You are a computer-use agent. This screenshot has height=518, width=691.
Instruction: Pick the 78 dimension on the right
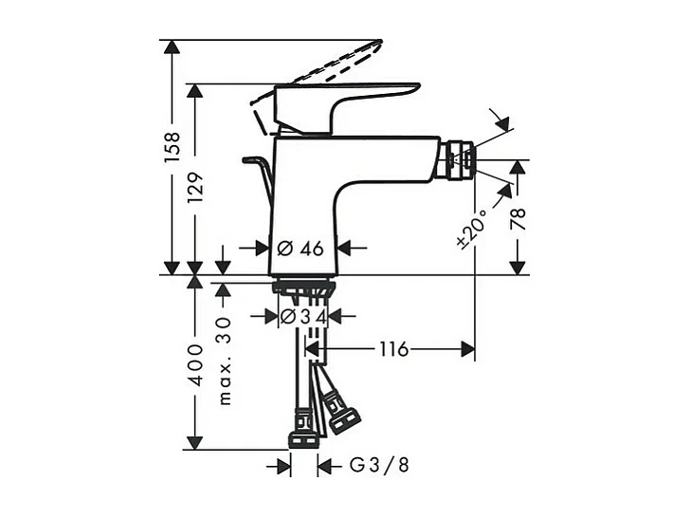pyautogui.click(x=518, y=220)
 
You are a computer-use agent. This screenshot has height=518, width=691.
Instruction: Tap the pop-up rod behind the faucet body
pyautogui.click(x=259, y=172)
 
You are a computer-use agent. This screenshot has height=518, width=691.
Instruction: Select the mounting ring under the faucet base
pyautogui.click(x=303, y=287)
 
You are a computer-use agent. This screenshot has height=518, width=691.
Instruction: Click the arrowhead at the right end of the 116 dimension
pyautogui.click(x=468, y=350)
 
